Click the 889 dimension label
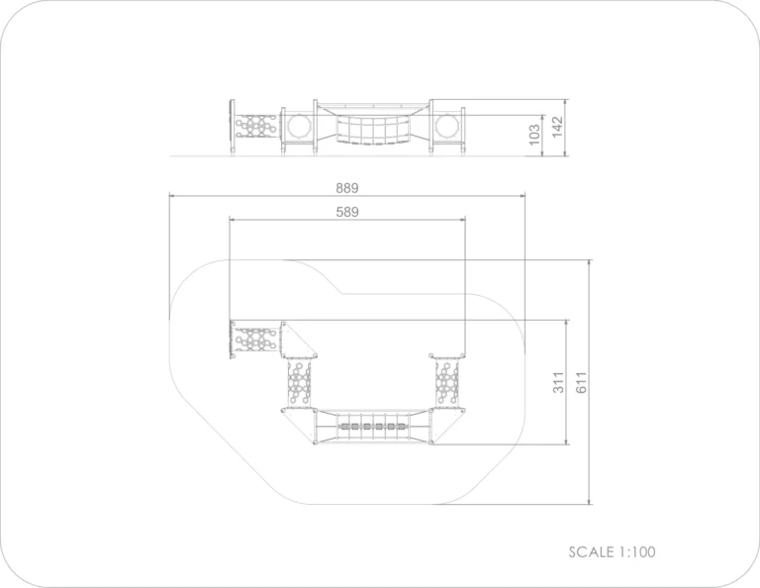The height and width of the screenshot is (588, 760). (347, 188)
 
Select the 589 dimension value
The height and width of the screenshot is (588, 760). (347, 212)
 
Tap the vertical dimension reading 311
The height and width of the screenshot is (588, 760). (558, 382)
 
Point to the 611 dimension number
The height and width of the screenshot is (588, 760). (582, 382)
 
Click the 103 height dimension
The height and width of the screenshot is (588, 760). (534, 135)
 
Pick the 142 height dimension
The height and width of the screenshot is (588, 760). (557, 127)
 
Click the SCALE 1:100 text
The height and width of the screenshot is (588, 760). (612, 551)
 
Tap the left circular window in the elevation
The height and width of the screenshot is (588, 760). (299, 126)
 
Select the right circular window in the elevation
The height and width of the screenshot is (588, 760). (447, 126)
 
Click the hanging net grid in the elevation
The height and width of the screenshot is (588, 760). (373, 130)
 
